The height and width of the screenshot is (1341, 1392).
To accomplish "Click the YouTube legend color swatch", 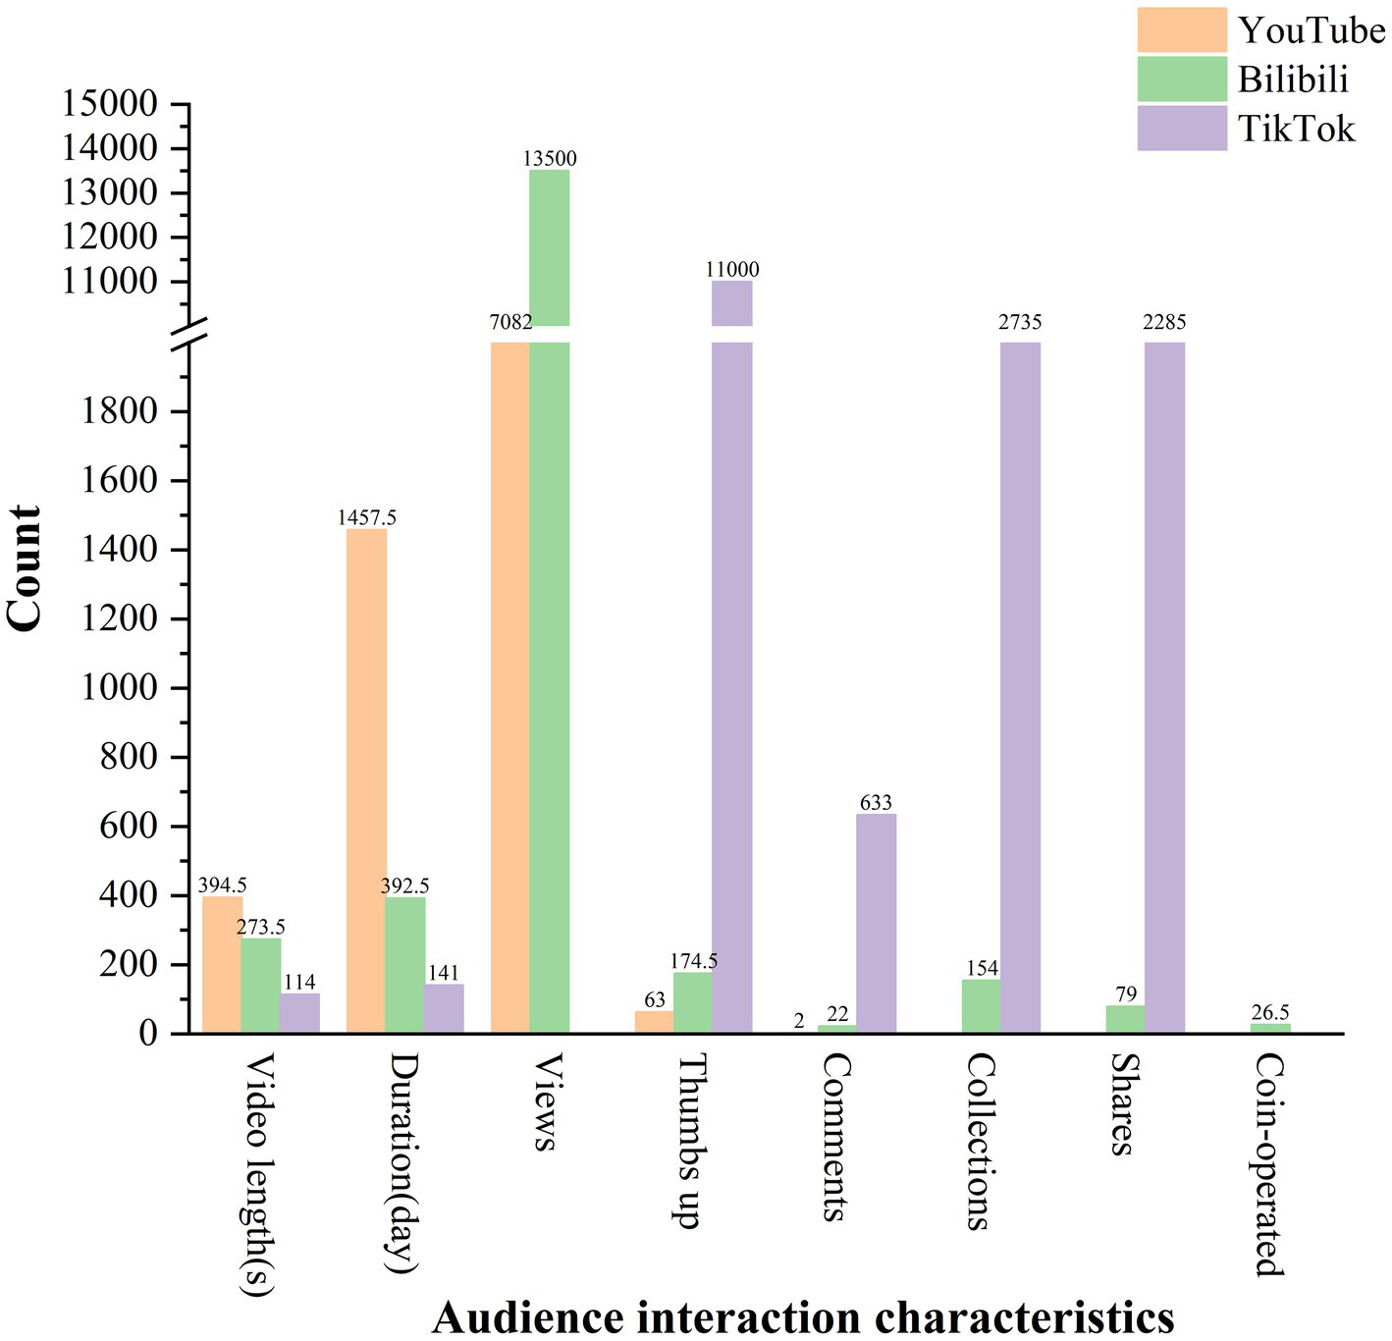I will point(1181,29).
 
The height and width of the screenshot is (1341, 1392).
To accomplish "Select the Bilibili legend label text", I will point(1293,80).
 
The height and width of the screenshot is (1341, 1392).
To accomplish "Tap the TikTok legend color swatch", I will point(1181,128).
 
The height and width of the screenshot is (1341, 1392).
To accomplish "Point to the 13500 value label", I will point(550,159).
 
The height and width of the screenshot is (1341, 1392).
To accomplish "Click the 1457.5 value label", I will point(367,517).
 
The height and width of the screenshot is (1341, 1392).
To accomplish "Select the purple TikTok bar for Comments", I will point(876,923).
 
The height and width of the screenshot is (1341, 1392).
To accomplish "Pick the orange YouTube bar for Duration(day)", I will point(366,780).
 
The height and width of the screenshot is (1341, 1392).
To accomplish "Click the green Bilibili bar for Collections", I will point(981,1005).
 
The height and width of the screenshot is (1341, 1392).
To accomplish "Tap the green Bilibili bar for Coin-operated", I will point(1270,1028).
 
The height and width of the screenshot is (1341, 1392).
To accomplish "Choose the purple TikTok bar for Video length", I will point(299,1013).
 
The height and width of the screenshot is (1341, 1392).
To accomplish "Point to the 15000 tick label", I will point(109,104).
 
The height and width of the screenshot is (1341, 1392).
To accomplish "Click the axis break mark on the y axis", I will point(189,334).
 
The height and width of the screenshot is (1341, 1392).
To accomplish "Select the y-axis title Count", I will point(25,569).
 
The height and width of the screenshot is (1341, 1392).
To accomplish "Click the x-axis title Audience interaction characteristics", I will point(802,1316).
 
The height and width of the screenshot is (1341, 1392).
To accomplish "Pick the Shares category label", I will point(1122,1104).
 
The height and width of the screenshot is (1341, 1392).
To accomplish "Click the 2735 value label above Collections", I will point(1020,323).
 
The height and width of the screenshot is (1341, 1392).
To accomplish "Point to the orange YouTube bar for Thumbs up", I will point(654,1022).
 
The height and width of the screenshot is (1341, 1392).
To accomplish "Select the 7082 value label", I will point(511,323).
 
